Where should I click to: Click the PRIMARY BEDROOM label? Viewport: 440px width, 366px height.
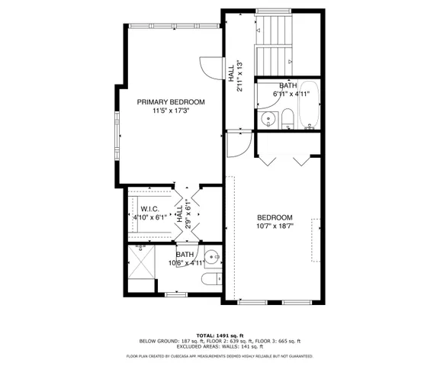(x=171, y=101)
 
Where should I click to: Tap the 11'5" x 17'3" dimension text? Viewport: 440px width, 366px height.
(x=171, y=111)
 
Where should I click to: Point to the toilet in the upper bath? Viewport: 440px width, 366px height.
(x=287, y=118)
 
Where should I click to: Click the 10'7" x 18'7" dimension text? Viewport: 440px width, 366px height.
(x=275, y=226)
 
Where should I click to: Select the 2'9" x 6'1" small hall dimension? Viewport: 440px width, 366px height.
(x=188, y=216)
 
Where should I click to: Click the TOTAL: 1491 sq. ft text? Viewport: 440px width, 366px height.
(x=220, y=335)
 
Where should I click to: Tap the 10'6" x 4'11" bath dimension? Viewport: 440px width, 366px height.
(x=185, y=263)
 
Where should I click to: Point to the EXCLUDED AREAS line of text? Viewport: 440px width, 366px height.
(x=220, y=347)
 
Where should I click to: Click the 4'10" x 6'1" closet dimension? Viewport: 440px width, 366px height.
(x=149, y=217)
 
